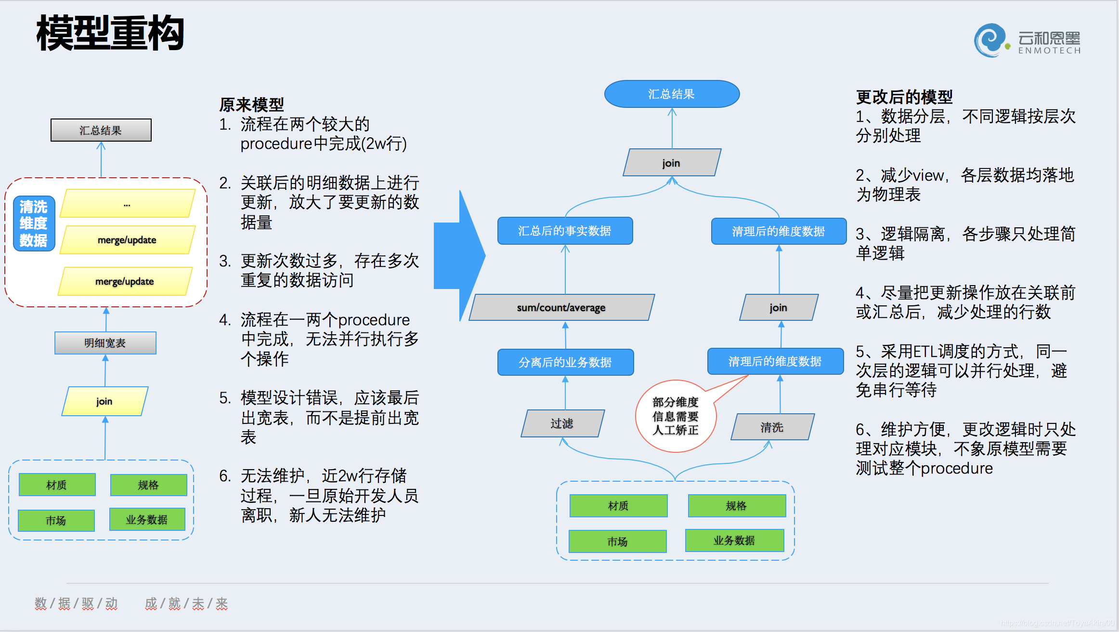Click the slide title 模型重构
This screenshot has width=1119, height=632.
coord(110,33)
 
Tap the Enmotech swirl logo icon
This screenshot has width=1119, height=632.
coord(989,40)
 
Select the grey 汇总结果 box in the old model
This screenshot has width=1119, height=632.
coord(101,130)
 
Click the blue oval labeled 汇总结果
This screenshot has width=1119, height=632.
coord(672,94)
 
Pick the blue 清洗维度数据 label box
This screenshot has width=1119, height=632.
coord(34,224)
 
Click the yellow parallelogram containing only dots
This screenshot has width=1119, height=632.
coord(127,204)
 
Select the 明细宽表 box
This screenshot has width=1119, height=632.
coord(105,343)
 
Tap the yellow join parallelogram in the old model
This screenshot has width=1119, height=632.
coord(104,401)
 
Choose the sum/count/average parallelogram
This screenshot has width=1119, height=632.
coord(561,307)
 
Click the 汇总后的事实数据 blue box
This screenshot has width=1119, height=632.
coord(565,231)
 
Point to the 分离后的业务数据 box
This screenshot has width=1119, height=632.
coord(565,362)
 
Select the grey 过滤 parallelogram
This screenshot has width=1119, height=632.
coord(562,423)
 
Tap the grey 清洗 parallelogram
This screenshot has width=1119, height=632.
coord(772,427)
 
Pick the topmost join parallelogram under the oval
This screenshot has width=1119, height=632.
coord(672,163)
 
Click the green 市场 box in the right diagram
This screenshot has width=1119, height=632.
coord(618,541)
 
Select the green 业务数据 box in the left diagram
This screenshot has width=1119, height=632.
coord(147,520)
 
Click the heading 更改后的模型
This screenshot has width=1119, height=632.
coord(904,97)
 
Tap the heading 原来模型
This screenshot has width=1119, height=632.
coord(251,105)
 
